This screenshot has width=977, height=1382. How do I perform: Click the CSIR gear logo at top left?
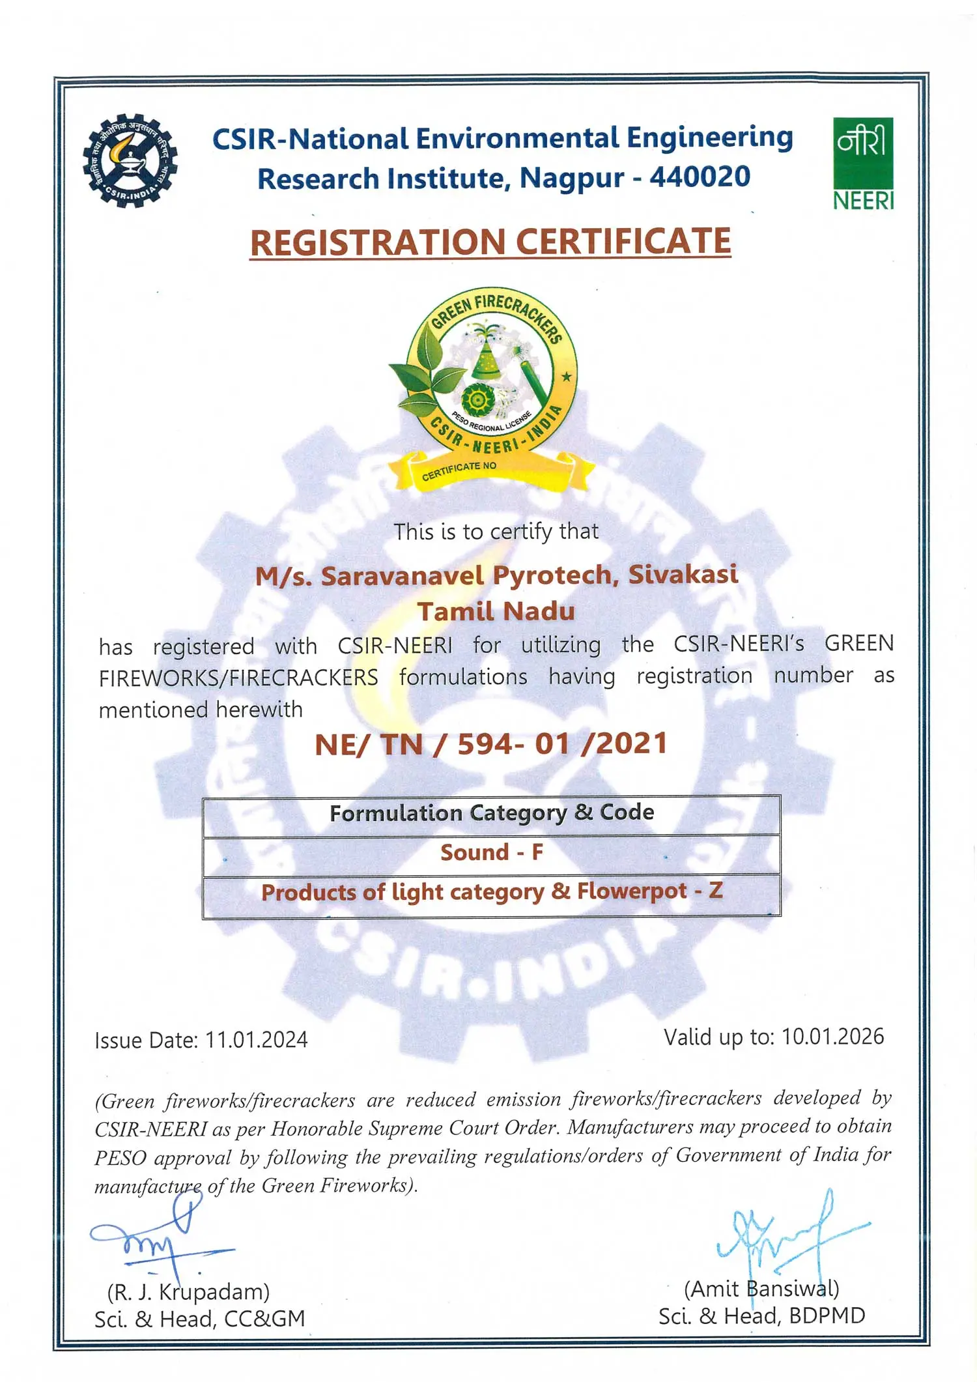(x=130, y=162)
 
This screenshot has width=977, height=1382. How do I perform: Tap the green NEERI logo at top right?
(x=863, y=164)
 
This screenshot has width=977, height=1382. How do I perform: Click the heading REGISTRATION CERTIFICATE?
(x=490, y=242)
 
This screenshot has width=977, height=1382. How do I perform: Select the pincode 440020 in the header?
(x=700, y=177)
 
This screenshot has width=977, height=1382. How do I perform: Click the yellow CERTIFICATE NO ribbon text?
(x=459, y=471)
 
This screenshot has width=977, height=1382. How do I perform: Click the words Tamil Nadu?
(x=496, y=611)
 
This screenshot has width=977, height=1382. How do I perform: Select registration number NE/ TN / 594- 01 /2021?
(x=491, y=744)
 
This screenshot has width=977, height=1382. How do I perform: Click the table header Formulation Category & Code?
(x=492, y=813)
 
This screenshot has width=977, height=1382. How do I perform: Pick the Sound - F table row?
(x=492, y=853)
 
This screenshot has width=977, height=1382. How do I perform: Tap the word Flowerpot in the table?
(x=631, y=891)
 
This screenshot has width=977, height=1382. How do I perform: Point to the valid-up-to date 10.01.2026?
(x=832, y=1037)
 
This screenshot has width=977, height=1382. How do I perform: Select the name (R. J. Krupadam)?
(x=188, y=1291)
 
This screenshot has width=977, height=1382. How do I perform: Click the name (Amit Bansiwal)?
(x=761, y=1289)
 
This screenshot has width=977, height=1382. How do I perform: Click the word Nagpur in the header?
(x=571, y=178)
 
